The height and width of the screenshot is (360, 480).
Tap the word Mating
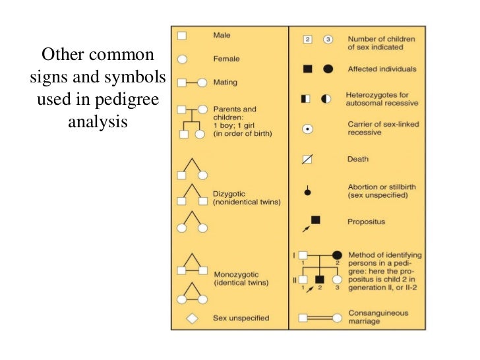225,82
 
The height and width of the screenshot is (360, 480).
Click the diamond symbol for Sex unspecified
193,318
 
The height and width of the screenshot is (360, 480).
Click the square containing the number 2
307,40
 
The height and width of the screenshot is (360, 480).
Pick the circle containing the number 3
327,40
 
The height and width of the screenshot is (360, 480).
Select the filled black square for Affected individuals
307,69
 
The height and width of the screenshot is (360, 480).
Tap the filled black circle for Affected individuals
328,69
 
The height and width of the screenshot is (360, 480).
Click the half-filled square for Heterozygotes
306,99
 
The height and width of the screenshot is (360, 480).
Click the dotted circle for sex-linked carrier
307,129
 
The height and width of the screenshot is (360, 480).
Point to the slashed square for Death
307,159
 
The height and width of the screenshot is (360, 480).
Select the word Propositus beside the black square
367,222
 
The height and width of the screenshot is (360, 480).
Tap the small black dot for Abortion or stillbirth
307,193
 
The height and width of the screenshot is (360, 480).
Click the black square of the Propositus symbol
315,220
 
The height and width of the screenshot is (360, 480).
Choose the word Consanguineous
378,313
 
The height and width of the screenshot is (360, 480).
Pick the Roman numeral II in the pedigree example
295,280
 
